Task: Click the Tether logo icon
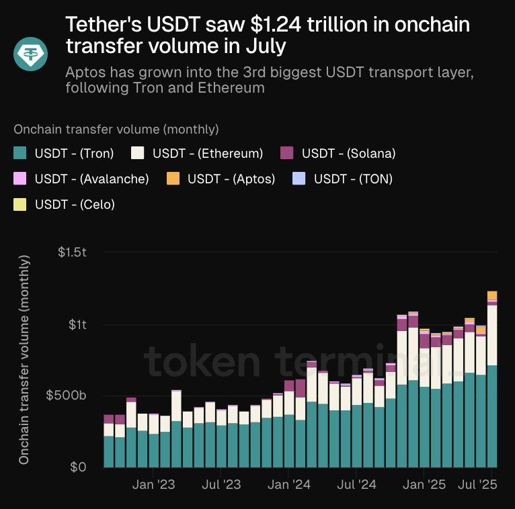[32, 53]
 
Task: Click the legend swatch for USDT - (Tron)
[20, 153]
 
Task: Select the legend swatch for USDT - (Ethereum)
[138, 153]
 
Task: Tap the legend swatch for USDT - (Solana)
[287, 153]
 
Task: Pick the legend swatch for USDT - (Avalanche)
[20, 179]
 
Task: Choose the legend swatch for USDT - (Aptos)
[173, 179]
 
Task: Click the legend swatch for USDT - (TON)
[299, 179]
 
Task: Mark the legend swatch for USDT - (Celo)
[20, 204]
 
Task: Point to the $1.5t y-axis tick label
[72, 252]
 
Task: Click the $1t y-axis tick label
[77, 325]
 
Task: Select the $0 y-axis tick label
[79, 467]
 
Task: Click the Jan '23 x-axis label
[154, 485]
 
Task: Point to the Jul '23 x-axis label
[221, 485]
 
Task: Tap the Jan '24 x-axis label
[289, 485]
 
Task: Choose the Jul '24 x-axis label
[356, 485]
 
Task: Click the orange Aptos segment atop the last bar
[492, 295]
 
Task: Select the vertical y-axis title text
[24, 359]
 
